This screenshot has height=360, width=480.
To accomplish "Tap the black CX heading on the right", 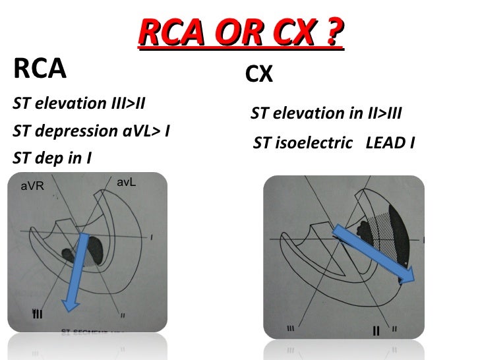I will click(x=258, y=76).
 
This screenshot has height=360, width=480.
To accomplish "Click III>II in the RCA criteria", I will click(x=125, y=104).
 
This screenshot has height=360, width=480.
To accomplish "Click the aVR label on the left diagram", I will click(x=32, y=186).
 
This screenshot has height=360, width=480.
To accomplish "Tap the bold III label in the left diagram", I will click(x=38, y=313).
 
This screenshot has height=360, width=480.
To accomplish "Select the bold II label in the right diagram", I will click(x=376, y=329).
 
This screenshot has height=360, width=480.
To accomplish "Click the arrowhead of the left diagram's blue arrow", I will click(x=69, y=301).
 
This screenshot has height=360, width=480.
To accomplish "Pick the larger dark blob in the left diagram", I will click(x=95, y=250).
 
